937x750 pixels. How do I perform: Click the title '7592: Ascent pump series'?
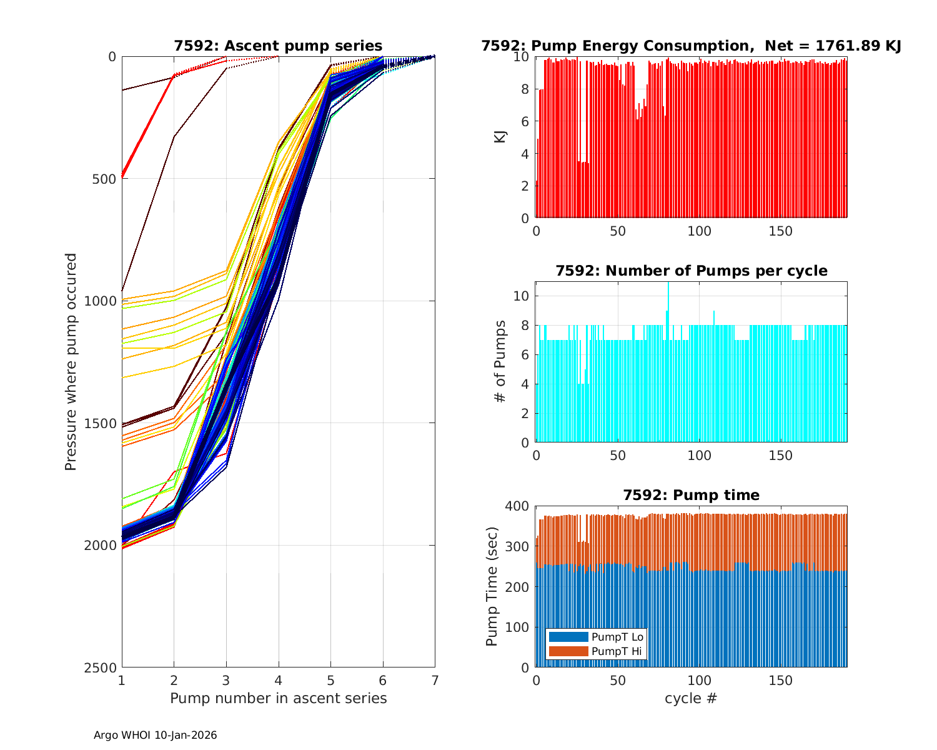point(278,46)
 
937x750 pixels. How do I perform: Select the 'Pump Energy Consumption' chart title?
point(691,46)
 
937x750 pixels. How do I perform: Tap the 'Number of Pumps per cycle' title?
point(691,271)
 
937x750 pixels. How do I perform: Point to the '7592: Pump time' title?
point(691,495)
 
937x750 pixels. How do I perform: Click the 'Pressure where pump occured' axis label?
point(71,362)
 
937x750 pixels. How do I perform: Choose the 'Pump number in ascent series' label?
point(278,698)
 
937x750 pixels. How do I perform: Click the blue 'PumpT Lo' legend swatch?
point(568,637)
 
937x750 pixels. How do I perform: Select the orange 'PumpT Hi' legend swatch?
point(568,651)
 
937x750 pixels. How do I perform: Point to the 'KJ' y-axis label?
point(500,137)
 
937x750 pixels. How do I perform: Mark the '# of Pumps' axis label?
point(500,361)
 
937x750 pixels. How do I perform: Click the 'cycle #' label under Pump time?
point(691,698)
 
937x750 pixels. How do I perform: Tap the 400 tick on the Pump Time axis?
point(520,506)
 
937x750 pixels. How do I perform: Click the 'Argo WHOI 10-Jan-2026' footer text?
point(155,736)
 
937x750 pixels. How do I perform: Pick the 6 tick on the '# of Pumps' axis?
point(525,354)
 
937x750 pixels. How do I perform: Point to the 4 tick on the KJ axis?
point(525,154)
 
